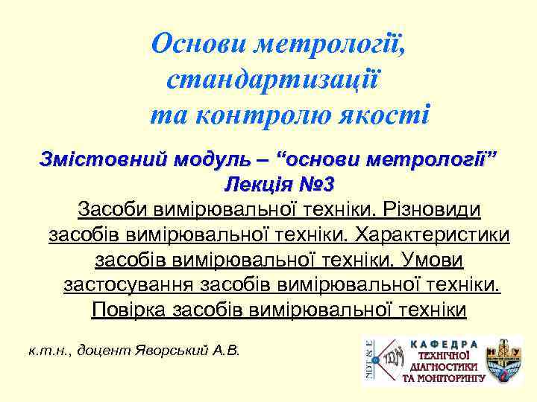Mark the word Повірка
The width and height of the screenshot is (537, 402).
126,310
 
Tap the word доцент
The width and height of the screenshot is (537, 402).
105,349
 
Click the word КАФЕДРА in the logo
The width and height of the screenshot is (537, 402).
442,345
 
